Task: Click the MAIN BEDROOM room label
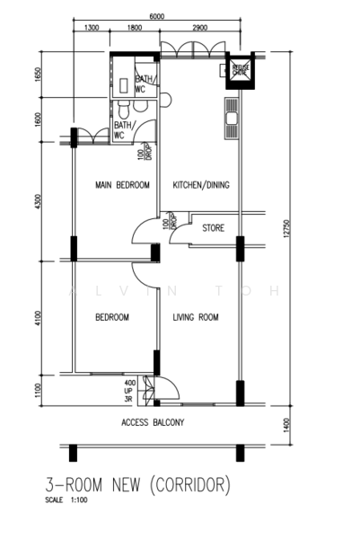click(121, 186)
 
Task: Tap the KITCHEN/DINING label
click(201, 186)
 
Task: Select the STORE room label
click(213, 228)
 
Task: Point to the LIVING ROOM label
click(197, 318)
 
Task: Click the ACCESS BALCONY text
click(153, 420)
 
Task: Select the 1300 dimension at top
click(91, 29)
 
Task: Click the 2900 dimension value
click(199, 29)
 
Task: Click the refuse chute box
click(240, 72)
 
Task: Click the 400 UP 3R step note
click(130, 391)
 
